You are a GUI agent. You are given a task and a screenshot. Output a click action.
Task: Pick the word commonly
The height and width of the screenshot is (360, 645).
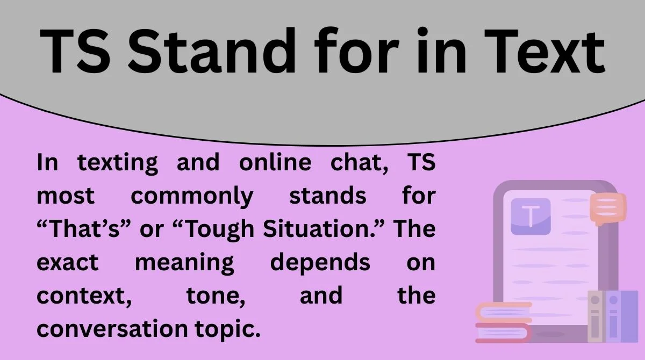(191, 197)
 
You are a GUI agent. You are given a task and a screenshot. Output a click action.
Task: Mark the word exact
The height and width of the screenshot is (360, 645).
(68, 263)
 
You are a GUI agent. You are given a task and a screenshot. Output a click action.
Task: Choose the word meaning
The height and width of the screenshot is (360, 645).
(184, 263)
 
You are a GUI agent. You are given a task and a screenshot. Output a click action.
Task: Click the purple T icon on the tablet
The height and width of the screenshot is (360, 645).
(531, 216)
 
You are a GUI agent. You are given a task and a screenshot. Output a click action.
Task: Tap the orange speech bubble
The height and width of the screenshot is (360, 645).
(607, 207)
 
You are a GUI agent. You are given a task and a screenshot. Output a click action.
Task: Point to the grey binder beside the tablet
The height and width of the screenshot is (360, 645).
(596, 317)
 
